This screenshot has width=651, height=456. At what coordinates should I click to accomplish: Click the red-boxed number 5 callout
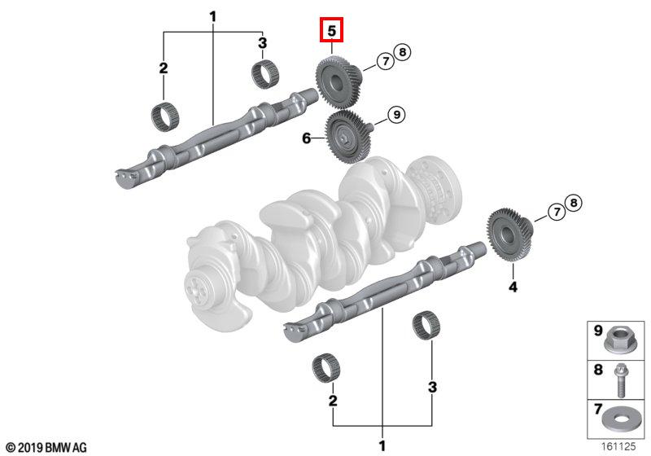tap(331, 30)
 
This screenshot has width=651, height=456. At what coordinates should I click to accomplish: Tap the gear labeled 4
tap(509, 235)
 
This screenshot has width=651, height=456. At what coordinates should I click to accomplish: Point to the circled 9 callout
tap(396, 114)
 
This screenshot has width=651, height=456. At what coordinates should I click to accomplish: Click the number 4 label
tap(513, 287)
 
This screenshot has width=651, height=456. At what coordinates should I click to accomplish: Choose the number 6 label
tap(307, 138)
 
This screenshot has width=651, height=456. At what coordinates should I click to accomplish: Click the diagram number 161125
tap(618, 446)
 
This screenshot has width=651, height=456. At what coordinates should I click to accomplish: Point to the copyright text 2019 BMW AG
tap(46, 448)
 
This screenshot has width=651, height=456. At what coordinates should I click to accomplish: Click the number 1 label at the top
tap(212, 17)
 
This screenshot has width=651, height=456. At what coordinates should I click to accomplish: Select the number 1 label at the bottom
tap(382, 446)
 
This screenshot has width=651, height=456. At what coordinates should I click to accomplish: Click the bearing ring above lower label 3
tap(426, 326)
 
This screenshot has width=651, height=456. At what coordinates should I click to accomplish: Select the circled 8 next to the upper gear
tap(401, 52)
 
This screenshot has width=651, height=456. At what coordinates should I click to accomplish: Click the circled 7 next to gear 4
tap(557, 213)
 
